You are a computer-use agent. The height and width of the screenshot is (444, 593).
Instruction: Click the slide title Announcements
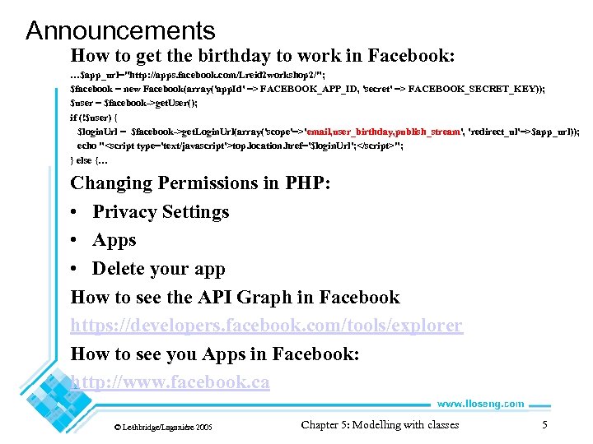(x=120, y=31)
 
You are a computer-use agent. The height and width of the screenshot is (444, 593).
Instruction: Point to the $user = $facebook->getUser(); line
(x=136, y=103)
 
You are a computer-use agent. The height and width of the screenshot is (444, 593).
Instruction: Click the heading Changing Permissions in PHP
(x=200, y=183)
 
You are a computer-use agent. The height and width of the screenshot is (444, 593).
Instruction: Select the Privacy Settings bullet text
(x=161, y=211)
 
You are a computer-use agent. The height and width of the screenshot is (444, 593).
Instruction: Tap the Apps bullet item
(x=114, y=240)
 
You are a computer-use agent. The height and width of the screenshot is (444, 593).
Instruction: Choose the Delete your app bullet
(x=158, y=269)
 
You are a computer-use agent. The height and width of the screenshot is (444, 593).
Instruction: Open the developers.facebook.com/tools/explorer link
(x=266, y=326)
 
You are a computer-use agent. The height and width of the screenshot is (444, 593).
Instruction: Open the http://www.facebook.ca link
(x=170, y=382)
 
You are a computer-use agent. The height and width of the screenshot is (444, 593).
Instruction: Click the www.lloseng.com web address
(x=479, y=404)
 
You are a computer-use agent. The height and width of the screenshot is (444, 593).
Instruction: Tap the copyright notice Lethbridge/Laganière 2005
(x=163, y=428)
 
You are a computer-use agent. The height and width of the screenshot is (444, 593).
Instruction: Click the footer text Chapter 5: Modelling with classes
(x=380, y=425)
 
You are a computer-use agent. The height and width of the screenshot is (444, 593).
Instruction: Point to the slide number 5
(x=544, y=425)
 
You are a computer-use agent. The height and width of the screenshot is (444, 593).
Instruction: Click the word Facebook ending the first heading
(x=408, y=56)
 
